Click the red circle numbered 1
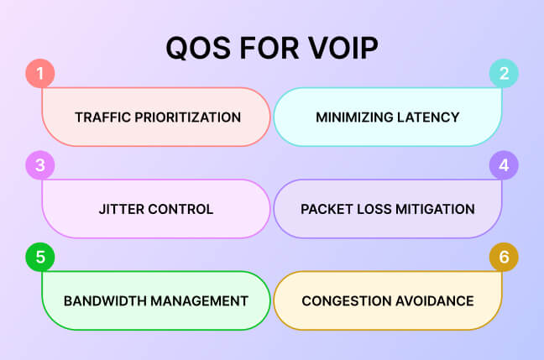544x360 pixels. pos(40,73)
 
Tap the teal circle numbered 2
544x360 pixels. pos(504,73)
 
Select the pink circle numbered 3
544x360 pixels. pos(40,164)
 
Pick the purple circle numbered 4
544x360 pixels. pos(504,164)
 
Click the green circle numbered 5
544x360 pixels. pos(40,257)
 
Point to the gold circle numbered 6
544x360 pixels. pos(504,257)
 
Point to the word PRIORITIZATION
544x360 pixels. pos(186,117)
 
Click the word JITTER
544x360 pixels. pos(123,209)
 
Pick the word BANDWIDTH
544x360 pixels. pos(103,300)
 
